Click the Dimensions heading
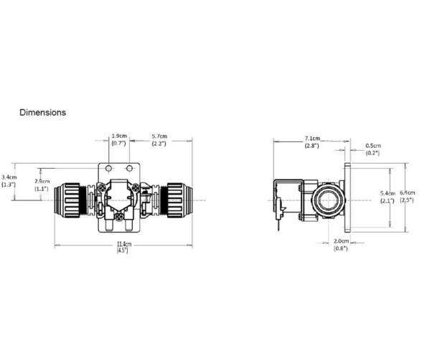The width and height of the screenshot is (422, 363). pos(42,113)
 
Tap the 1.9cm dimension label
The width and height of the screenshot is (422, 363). pos(119,136)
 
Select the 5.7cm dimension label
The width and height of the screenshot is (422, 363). pos(159,136)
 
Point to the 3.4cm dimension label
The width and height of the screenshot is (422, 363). pos(9,177)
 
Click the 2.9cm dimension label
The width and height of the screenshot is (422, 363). pos(42,181)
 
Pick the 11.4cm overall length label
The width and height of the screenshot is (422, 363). pos(124,244)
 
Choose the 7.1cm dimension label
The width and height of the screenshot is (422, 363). pos(312,138)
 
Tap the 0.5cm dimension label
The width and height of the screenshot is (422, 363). pos(373,146)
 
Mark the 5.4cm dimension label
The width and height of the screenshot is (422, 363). pos(388,193)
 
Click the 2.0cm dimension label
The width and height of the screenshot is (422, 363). pos(342,241)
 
